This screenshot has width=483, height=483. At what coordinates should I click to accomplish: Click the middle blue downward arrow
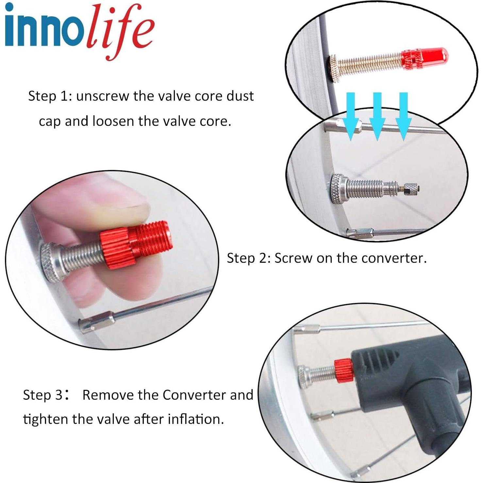pyautogui.click(x=377, y=116)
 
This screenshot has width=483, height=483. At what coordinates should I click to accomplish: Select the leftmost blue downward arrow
pyautogui.click(x=351, y=116)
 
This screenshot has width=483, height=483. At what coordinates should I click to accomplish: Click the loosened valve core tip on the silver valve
pyautogui.click(x=412, y=189)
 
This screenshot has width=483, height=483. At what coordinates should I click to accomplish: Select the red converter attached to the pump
pyautogui.click(x=343, y=371)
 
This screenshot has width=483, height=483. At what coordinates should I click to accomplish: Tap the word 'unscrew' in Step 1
pyautogui.click(x=103, y=96)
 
